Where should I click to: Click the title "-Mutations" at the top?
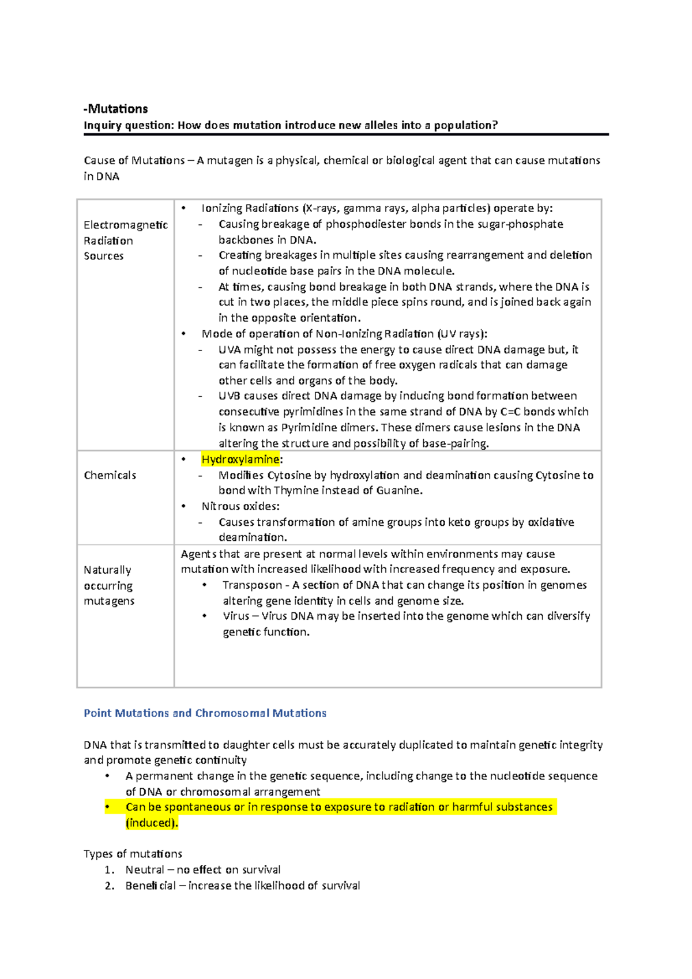[x=115, y=109]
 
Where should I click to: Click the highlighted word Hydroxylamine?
[x=240, y=460]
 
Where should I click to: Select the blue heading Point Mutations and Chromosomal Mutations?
[x=205, y=713]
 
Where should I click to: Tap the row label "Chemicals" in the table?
[x=110, y=476]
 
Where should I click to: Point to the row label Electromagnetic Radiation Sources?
[x=125, y=240]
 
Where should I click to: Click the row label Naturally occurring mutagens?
[x=108, y=586]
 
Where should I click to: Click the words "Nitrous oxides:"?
[x=240, y=506]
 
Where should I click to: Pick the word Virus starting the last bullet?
[x=236, y=616]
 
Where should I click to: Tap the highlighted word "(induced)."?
[x=152, y=823]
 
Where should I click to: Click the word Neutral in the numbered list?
[x=145, y=870]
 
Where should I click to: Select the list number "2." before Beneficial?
[x=110, y=886]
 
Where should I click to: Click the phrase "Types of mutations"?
[x=133, y=854]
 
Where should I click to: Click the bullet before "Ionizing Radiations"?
[x=183, y=208]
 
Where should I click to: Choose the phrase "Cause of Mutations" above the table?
[x=134, y=161]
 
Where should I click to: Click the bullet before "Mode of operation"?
[x=183, y=334]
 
